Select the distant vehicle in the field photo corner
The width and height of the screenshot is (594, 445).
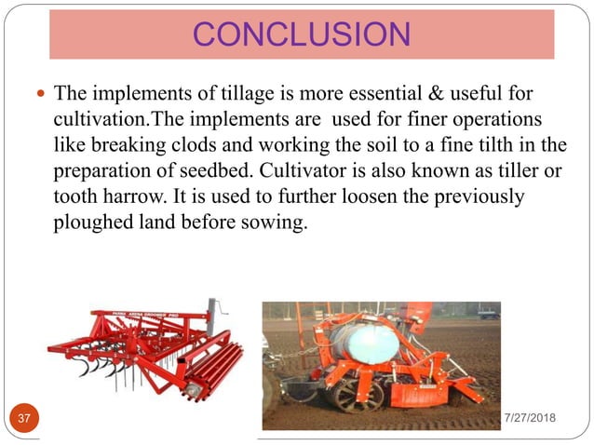[x=488, y=313]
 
